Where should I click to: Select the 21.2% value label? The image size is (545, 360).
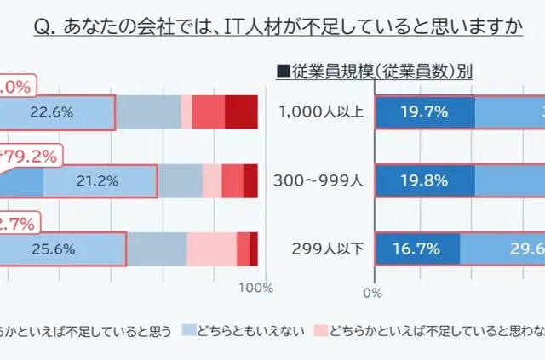[x=97, y=180]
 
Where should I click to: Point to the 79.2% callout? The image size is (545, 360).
[x=30, y=157]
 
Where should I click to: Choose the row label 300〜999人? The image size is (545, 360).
[x=321, y=180]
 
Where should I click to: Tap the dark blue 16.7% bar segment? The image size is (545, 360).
[x=416, y=249]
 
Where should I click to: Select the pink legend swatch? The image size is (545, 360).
[x=320, y=329]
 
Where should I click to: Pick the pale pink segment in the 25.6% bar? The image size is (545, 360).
[x=211, y=249]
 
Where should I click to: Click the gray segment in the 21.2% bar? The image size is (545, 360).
[x=180, y=180]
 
